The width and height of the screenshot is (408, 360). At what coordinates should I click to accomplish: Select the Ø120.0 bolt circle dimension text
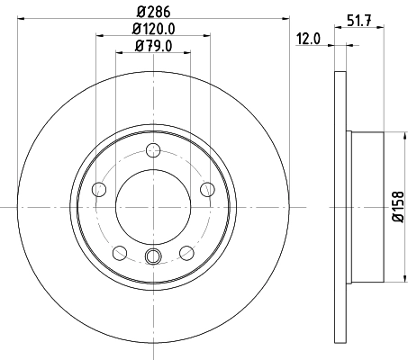[153, 30]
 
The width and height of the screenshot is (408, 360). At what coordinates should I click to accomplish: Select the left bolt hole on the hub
[99, 189]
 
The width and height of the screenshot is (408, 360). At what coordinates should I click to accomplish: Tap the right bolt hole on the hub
[207, 189]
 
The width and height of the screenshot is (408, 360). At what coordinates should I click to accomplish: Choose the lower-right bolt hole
[186, 252]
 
